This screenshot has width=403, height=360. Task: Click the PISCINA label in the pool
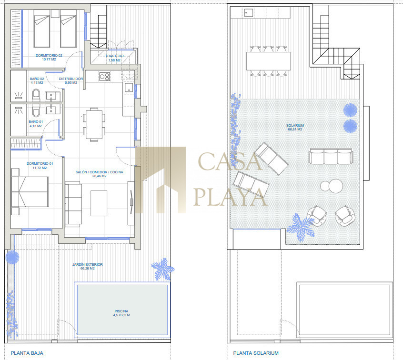(121, 311)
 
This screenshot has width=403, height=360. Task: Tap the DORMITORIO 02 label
(49, 55)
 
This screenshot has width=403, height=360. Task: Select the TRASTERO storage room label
(114, 56)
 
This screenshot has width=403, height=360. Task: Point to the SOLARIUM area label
(295, 125)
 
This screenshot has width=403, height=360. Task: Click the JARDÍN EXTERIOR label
(87, 264)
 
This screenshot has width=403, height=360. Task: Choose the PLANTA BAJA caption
(27, 353)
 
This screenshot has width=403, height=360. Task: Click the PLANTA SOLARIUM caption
(256, 353)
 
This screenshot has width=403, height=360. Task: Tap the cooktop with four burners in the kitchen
(105, 76)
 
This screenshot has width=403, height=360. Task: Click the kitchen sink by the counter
(129, 88)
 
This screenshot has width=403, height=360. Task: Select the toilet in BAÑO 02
(36, 95)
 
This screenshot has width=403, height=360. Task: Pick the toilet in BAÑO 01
(36, 110)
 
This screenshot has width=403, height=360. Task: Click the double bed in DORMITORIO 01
(30, 192)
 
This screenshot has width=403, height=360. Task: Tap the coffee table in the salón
(99, 203)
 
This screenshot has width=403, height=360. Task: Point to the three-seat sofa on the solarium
(331, 156)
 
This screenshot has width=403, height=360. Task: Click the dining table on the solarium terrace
(268, 61)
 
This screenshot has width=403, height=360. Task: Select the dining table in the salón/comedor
(94, 125)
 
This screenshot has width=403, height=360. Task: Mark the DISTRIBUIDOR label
(71, 79)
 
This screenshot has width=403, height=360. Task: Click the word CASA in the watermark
(230, 161)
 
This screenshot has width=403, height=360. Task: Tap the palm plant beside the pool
(162, 269)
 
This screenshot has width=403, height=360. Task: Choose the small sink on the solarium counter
(249, 12)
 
